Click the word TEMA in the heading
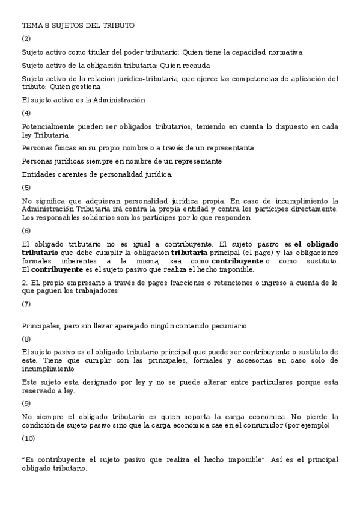(31, 25)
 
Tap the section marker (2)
(26, 38)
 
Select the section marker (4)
(26, 113)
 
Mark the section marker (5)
(26, 187)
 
